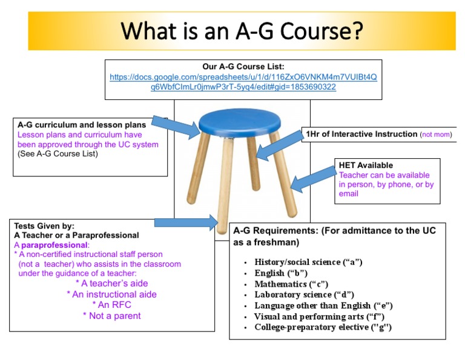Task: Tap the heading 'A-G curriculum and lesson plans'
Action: coord(82,125)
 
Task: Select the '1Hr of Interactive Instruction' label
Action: coord(361,134)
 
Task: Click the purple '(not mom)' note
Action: coord(436,135)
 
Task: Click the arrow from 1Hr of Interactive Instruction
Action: coord(279,143)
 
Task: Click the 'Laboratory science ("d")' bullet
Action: coord(304,295)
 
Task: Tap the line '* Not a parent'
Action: coord(111,316)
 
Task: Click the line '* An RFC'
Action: coord(111,305)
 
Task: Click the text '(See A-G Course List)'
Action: coord(58,154)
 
